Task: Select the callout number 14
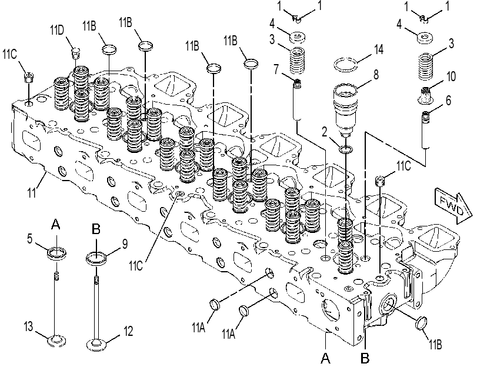pos(378,49)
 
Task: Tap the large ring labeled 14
pos(346,65)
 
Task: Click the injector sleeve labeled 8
pos(345,110)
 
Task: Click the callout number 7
pos(276,69)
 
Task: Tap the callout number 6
pos(448,100)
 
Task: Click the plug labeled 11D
pos(75,52)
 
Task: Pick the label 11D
pos(57,30)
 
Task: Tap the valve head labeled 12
pos(97,345)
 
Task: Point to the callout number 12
pos(128,331)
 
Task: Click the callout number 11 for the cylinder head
pos(32,193)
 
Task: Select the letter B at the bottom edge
pos(365,358)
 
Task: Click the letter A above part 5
pos(56,224)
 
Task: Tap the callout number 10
pos(451,76)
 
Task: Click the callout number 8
pos(376,74)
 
